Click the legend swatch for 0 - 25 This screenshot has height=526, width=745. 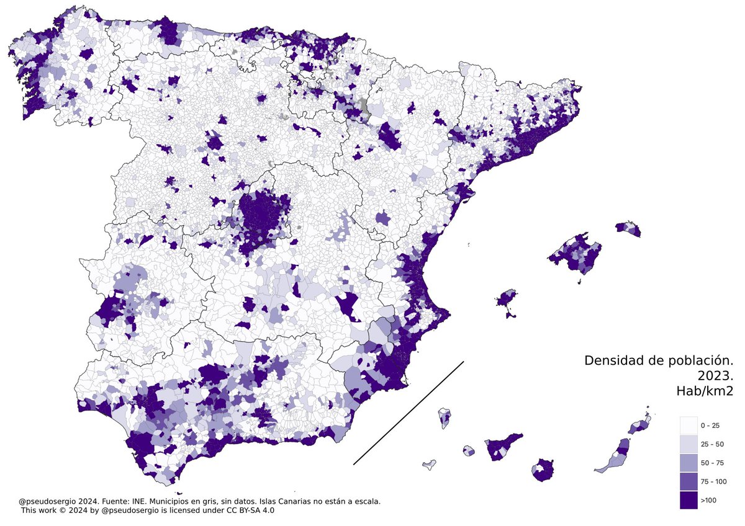(x=689, y=426)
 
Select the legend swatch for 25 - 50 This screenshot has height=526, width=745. (x=689, y=444)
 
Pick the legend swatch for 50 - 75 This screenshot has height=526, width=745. (x=689, y=463)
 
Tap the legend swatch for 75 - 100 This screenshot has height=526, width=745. (x=689, y=481)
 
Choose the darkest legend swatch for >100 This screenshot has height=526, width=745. (x=689, y=500)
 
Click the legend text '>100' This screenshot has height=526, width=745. (x=708, y=500)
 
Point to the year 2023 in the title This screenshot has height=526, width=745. (x=715, y=376)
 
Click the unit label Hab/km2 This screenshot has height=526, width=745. (x=705, y=391)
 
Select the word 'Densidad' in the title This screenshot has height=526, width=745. (x=611, y=360)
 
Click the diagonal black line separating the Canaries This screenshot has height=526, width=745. (x=409, y=412)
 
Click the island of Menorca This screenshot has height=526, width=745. (x=628, y=228)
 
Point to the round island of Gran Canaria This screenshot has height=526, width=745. (x=543, y=470)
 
